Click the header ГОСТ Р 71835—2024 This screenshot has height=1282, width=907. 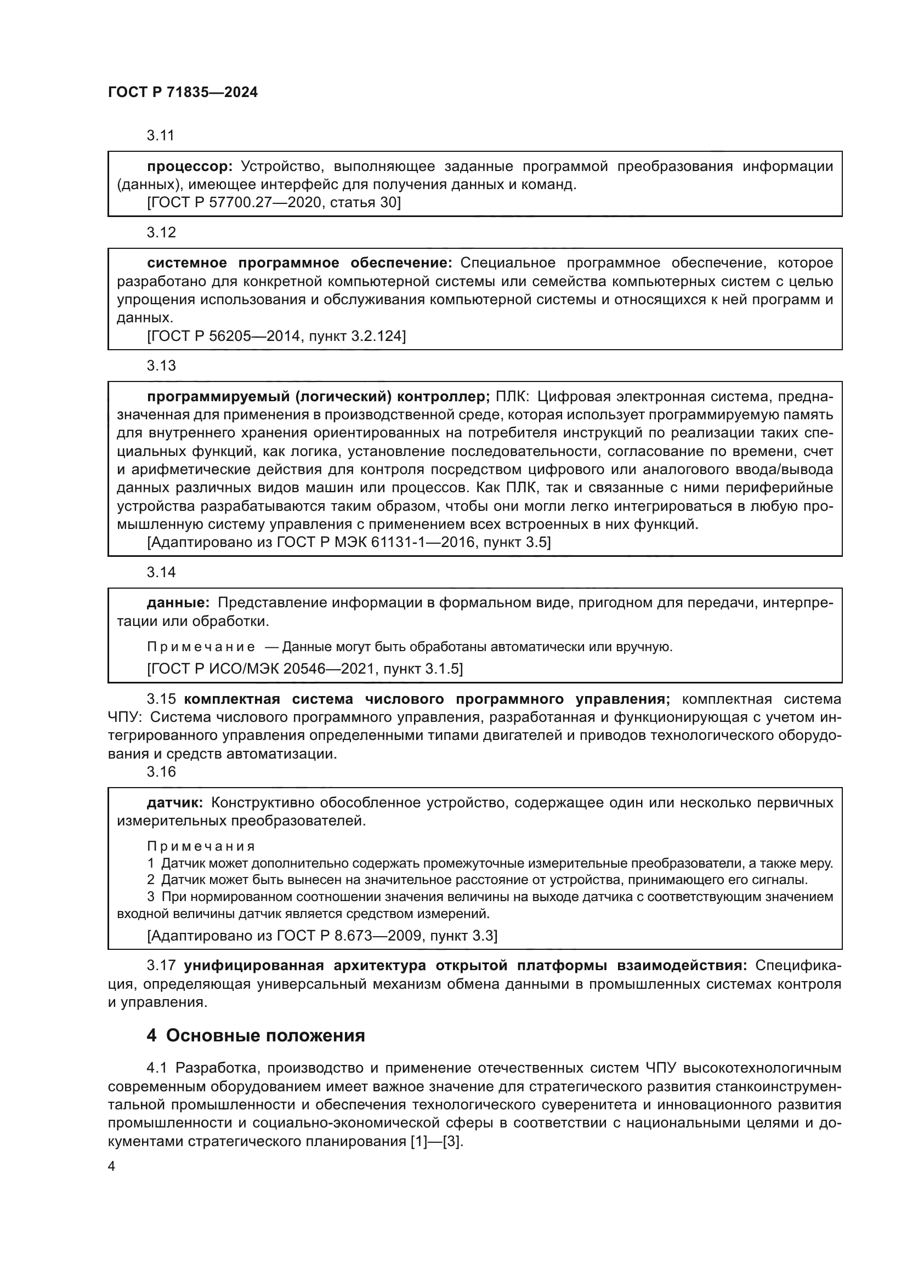(x=183, y=93)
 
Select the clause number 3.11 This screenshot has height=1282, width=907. (x=161, y=135)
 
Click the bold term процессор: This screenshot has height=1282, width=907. (x=189, y=167)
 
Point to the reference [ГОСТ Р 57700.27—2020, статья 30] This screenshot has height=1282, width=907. (x=274, y=202)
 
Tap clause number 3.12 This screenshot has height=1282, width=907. (x=161, y=232)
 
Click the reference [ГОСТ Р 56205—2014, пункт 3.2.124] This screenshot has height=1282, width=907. (x=276, y=336)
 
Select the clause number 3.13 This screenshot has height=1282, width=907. (x=161, y=366)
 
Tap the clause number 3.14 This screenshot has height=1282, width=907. (x=161, y=572)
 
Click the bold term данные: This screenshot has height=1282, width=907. (x=178, y=603)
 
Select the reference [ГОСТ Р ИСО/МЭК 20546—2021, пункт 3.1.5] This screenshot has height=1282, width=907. (x=304, y=668)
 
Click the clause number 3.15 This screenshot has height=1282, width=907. (x=161, y=699)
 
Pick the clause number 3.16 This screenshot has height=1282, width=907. (x=161, y=772)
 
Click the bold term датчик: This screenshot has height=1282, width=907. (x=175, y=803)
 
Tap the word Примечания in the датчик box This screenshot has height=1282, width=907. (x=201, y=846)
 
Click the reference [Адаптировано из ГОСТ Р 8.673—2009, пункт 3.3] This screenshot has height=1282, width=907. (x=322, y=935)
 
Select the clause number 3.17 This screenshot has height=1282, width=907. (x=161, y=966)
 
